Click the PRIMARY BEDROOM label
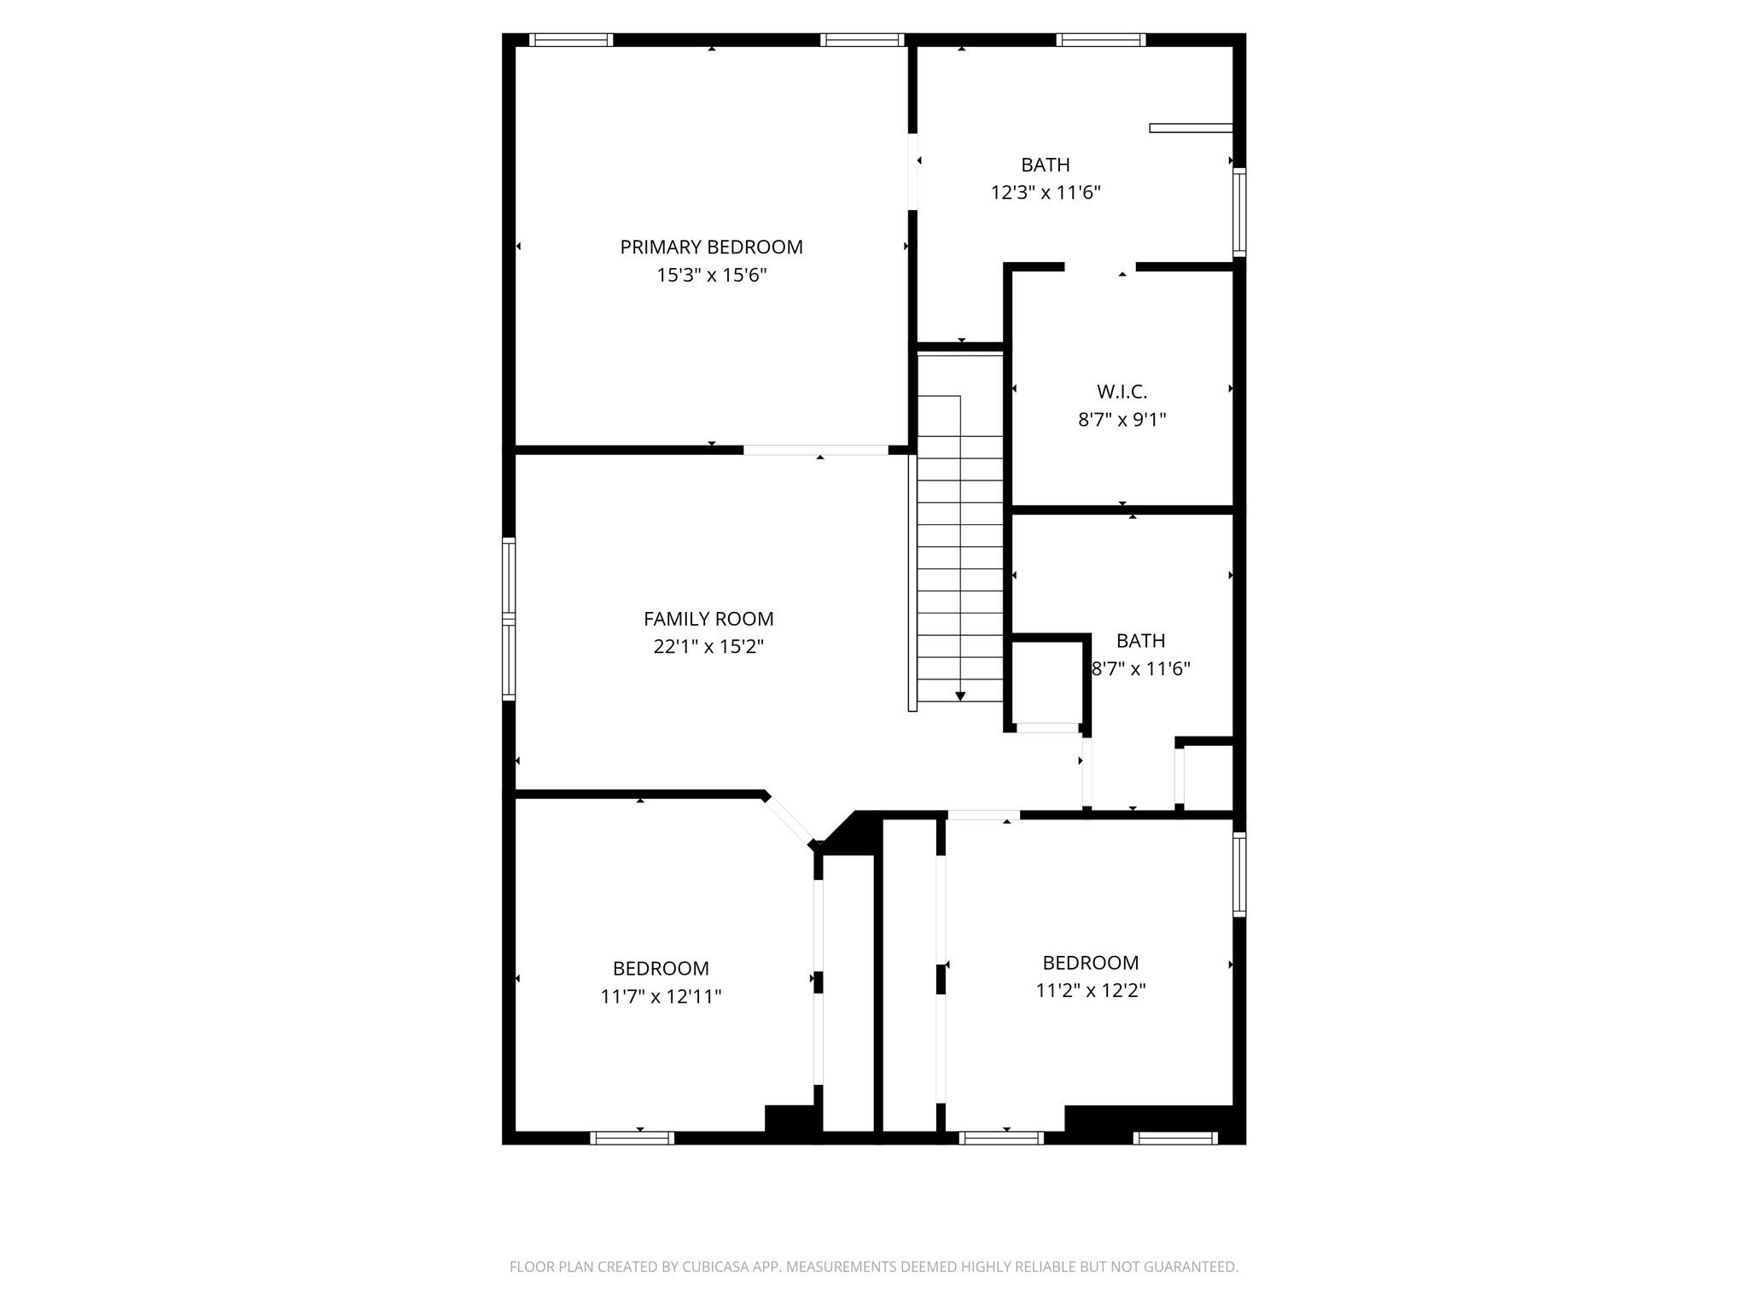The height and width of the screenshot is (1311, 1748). (x=711, y=248)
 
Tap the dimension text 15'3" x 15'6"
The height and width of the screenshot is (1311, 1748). (x=711, y=276)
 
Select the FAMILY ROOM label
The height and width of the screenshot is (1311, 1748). (x=708, y=619)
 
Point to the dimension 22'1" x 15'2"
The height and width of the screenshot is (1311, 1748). (x=708, y=647)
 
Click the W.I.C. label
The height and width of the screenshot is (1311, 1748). (x=1122, y=392)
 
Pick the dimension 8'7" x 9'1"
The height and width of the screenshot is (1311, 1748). (x=1122, y=420)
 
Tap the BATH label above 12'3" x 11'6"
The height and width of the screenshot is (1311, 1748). (x=1045, y=165)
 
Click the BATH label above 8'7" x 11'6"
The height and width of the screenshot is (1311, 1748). (x=1140, y=641)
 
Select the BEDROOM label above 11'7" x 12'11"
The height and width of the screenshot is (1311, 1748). (x=661, y=969)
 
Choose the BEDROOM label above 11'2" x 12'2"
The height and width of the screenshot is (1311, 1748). (x=1090, y=963)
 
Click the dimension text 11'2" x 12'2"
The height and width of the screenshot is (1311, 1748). (x=1090, y=991)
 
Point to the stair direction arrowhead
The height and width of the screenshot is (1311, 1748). (x=960, y=696)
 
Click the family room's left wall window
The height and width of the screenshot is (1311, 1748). (x=509, y=619)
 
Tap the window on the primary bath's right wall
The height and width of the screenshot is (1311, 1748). (x=1239, y=212)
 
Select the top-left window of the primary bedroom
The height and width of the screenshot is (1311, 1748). (x=570, y=39)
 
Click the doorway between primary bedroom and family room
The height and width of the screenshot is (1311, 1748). (x=815, y=450)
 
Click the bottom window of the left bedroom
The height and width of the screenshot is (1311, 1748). (x=632, y=1138)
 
